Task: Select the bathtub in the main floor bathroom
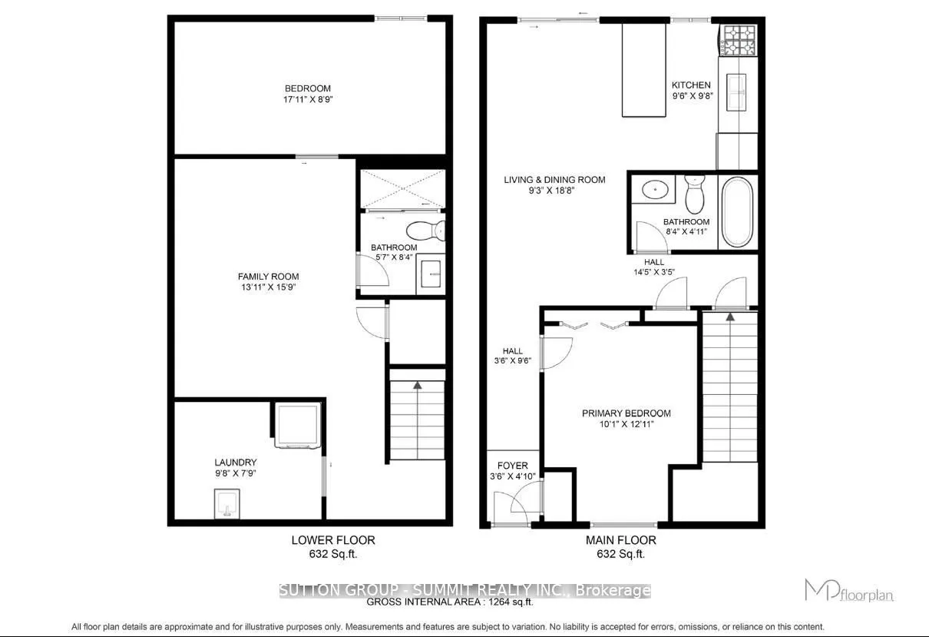coord(738,211)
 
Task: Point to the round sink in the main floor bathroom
coord(654,187)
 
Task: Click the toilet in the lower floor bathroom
coord(425,229)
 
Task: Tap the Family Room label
coord(268,277)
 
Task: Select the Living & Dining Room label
coord(554,180)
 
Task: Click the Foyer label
coord(512,466)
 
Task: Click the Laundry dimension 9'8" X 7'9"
coord(236,473)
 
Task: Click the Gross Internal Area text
coord(450,603)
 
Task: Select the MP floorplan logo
coord(849,591)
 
